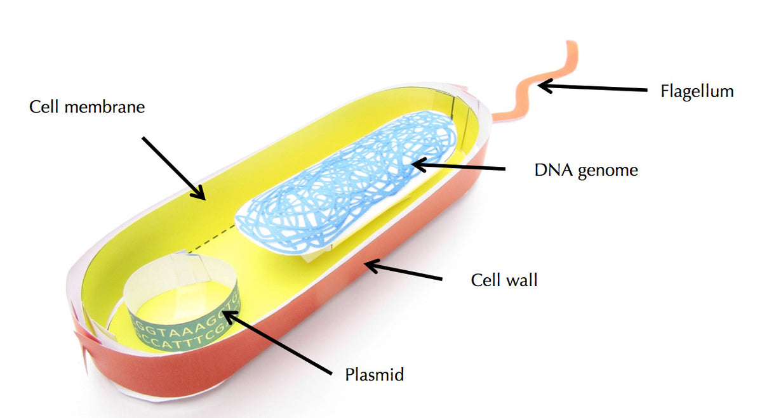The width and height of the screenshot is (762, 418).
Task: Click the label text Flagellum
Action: pos(697,91)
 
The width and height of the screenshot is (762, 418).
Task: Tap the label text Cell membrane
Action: pos(87,107)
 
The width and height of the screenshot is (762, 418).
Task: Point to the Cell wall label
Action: pos(504,280)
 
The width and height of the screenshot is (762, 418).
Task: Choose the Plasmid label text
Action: pos(375,375)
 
